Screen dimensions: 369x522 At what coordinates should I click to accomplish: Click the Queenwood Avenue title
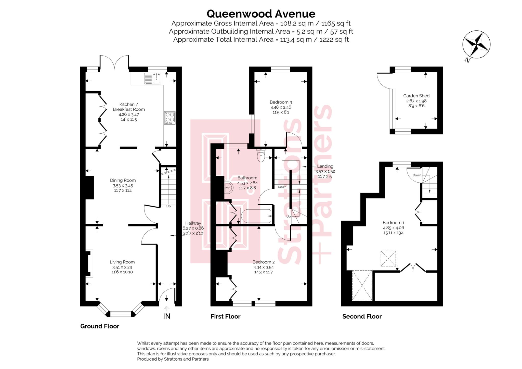coord(261,14)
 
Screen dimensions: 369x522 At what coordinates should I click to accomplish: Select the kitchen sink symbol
coord(152,78)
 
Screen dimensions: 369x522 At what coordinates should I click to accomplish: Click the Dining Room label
coord(123,181)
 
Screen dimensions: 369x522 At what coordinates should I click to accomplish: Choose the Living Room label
coord(122,262)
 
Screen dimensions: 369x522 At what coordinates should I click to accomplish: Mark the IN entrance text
coord(166,316)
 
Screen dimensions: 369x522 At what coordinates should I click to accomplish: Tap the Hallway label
coord(193,223)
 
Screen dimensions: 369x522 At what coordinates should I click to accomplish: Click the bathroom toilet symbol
coord(261,156)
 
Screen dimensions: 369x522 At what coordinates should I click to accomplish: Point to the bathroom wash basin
coord(229,188)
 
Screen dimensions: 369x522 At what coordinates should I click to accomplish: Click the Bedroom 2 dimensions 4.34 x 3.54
coord(263,268)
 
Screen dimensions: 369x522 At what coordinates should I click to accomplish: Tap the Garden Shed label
coord(416,96)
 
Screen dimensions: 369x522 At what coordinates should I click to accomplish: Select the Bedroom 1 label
coord(393,223)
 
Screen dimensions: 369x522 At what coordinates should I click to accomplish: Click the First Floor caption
coord(225,317)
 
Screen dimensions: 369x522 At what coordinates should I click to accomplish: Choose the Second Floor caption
coord(362,317)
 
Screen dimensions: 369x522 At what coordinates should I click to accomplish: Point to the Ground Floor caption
coord(100,326)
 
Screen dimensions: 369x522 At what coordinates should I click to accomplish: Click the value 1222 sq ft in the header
coord(334,40)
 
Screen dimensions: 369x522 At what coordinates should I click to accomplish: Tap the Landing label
coord(325,166)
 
